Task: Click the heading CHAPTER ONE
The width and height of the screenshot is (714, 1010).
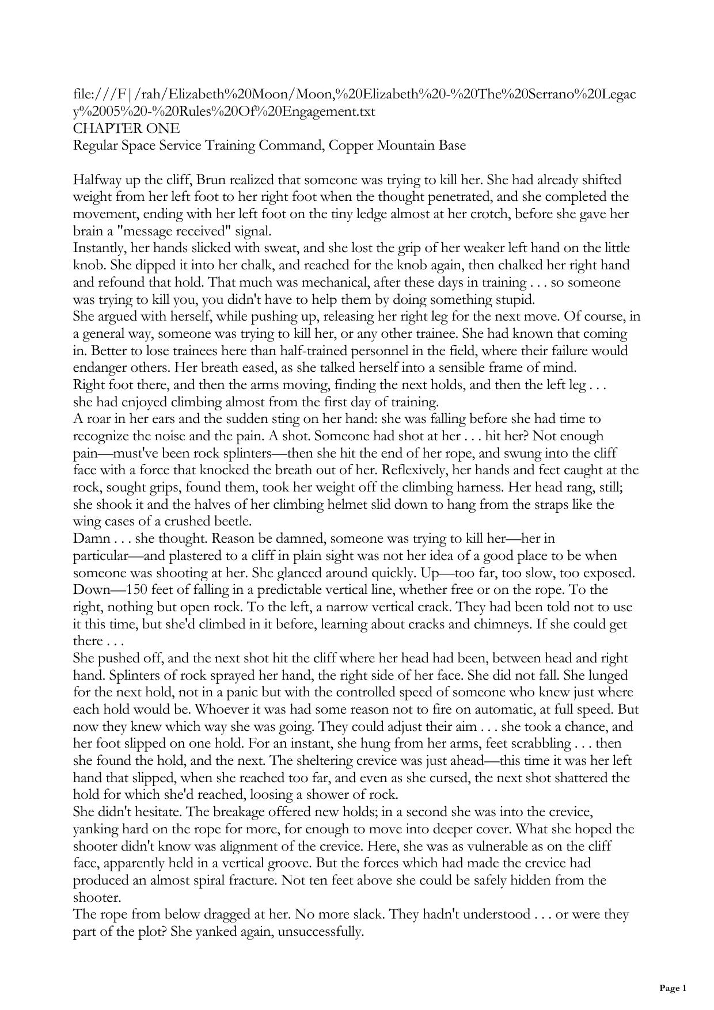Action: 126,128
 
